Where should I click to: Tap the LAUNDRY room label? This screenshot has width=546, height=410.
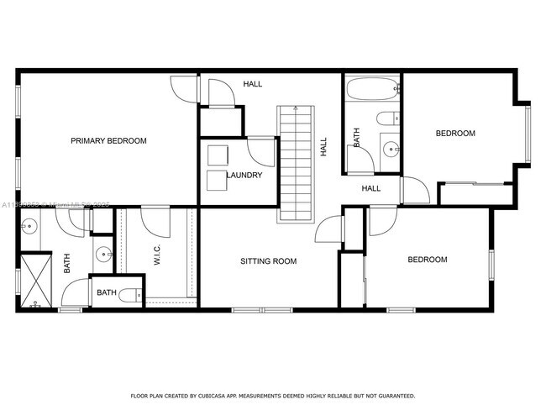244,176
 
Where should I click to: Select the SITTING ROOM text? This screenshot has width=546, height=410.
269,261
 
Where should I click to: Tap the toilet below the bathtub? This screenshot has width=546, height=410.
388,118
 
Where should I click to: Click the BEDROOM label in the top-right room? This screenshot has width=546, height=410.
454,134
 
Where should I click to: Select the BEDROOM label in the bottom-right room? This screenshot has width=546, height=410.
427,260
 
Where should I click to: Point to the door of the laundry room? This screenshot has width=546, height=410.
261,151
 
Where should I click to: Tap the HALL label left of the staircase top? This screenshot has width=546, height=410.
252,85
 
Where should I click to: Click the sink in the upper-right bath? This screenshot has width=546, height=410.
391,150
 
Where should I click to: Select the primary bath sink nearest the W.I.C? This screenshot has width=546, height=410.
102,253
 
